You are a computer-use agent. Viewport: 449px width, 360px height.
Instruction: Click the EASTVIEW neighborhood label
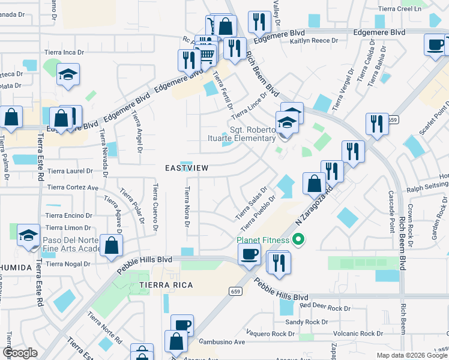187,169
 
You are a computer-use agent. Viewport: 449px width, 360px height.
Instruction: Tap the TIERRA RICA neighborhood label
160,284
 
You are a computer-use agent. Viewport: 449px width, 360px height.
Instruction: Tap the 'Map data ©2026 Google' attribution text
412,355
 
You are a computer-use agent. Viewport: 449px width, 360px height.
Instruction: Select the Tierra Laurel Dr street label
69,171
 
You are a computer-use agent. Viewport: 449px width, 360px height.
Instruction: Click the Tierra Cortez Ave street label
72,187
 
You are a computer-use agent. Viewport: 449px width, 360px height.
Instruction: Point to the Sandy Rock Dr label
306,322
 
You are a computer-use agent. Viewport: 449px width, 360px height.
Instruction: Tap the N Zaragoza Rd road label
315,206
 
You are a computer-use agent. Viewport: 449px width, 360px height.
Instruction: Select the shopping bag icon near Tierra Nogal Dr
111,246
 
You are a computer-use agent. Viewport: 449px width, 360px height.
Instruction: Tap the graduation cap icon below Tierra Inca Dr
68,76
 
